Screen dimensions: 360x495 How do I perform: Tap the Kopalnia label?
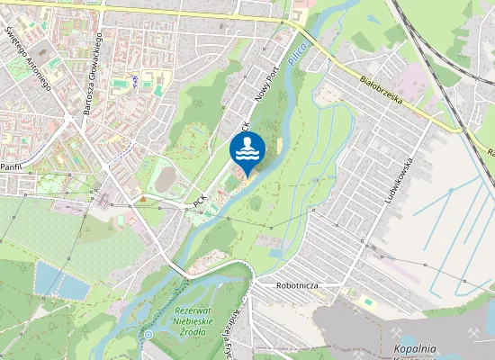pyautogui.click(x=415, y=348)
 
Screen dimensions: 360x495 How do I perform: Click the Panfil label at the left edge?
pyautogui.click(x=10, y=167)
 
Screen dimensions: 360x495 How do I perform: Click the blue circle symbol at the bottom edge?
pyautogui.click(x=148, y=334)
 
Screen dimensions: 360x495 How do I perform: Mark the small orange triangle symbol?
pyautogui.click(x=140, y=197)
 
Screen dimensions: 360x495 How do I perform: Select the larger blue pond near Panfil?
pyautogui.click(x=59, y=280)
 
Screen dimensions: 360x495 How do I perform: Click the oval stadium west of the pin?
pyautogui.click(x=166, y=180)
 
